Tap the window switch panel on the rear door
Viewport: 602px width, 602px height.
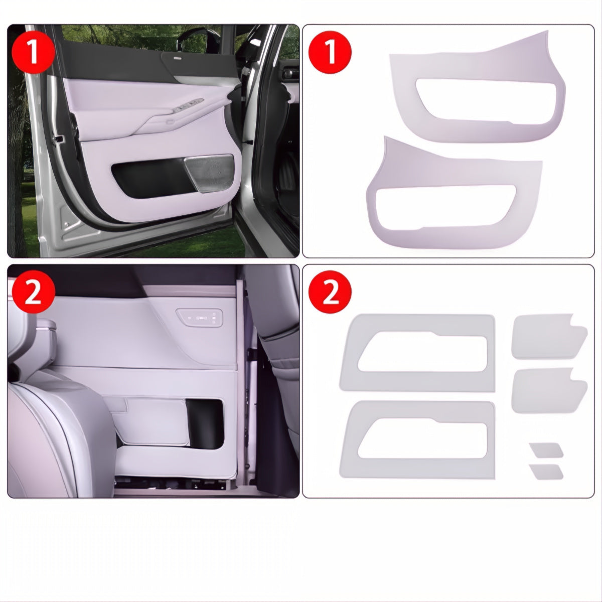(200, 317)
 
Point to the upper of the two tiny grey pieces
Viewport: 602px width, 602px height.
(546, 450)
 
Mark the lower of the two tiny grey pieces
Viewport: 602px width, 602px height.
(546, 471)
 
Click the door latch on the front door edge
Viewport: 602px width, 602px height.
(60, 137)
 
